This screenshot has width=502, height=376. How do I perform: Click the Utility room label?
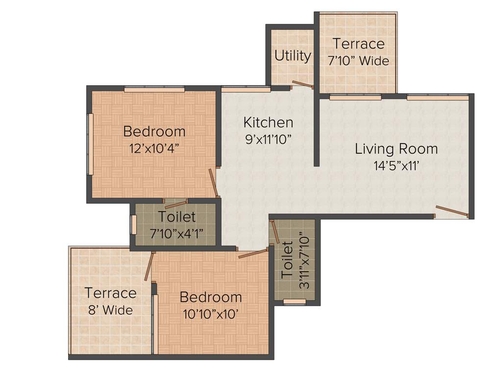click(292, 56)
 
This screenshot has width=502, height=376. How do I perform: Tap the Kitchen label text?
click(268, 122)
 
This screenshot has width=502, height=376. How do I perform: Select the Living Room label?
click(396, 148)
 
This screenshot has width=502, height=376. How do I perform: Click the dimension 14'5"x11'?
click(396, 165)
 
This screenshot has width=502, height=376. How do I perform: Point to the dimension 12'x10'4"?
click(154, 148)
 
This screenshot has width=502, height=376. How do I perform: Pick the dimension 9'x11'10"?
click(268, 139)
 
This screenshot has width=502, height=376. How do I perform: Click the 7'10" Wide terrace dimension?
click(358, 61)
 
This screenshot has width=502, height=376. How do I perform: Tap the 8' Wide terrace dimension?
click(110, 310)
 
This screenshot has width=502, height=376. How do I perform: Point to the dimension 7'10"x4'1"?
click(176, 233)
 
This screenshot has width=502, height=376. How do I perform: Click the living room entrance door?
click(452, 211)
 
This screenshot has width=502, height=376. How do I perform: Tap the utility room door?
click(302, 84)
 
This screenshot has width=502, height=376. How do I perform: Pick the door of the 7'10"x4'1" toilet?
click(176, 204)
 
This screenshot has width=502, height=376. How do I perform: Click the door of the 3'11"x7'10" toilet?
click(275, 232)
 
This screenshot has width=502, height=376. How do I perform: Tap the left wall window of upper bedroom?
click(90, 144)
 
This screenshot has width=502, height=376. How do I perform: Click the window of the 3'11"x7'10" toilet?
click(295, 301)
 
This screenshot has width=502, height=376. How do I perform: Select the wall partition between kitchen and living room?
click(317, 130)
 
